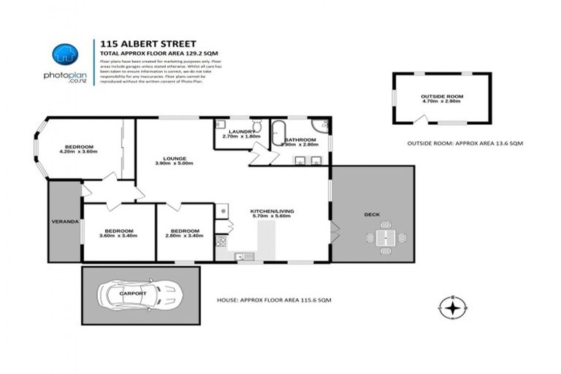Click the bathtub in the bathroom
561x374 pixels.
(278, 132)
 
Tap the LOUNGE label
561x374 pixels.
(175, 159)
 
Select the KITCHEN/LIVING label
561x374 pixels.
(272, 210)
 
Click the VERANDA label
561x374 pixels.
(64, 221)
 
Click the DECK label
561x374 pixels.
(371, 214)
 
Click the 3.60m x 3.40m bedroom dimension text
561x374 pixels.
(116, 236)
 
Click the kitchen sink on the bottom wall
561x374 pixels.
(246, 256)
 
